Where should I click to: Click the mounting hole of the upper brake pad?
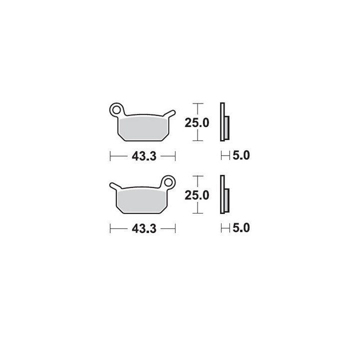click(116, 110)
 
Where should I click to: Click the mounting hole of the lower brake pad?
click(168, 183)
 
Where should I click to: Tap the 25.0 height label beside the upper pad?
click(197, 122)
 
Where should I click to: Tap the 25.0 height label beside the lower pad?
click(197, 195)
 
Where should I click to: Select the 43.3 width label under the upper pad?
click(144, 156)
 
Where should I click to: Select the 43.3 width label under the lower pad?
click(144, 228)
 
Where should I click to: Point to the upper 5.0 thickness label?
click(241, 155)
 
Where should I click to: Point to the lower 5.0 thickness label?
click(241, 228)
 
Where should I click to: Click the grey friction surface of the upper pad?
click(142, 128)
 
